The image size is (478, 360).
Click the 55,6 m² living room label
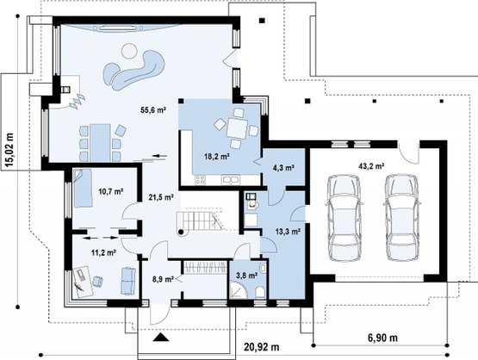[153, 110]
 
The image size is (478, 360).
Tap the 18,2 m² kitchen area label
[217, 157]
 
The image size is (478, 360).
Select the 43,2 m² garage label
[371, 166]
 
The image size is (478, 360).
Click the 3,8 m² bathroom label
[247, 276]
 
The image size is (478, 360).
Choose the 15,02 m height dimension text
[9, 151]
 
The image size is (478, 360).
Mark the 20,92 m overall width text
[262, 347]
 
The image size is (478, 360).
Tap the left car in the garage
[345, 218]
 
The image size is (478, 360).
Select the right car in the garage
[402, 218]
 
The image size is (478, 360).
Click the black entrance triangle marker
[161, 337]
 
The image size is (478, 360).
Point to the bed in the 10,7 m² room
[82, 188]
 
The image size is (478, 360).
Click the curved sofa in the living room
[134, 71]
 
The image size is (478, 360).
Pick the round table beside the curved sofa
[129, 51]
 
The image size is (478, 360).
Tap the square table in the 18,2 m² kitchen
[237, 128]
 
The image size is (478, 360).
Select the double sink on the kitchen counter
[231, 180]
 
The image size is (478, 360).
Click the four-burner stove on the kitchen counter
[201, 180]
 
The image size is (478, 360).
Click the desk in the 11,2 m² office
[82, 282]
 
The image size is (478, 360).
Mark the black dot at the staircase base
[181, 233]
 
